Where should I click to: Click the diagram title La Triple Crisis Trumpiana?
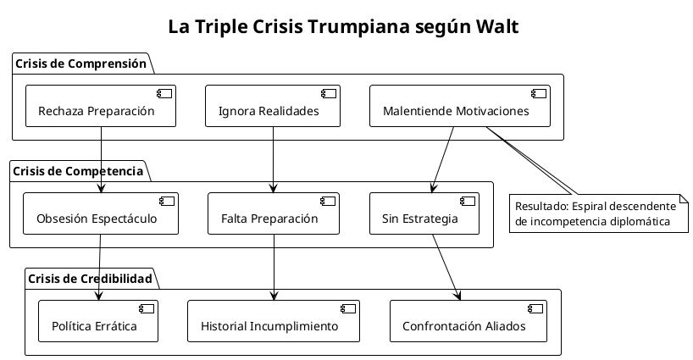343,27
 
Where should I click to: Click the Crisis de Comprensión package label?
80,64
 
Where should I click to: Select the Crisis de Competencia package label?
77,170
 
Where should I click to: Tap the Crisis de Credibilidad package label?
90,278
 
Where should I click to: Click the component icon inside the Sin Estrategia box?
467,202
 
